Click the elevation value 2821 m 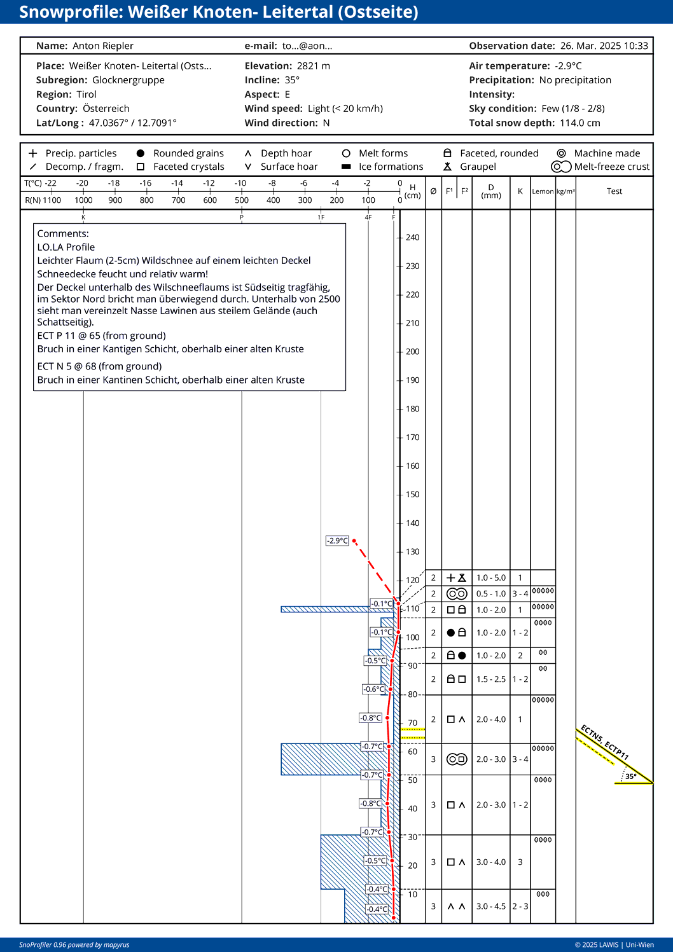314,66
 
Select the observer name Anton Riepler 103,46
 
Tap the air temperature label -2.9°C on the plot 337,541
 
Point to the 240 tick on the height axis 412,238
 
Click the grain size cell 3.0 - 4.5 491,906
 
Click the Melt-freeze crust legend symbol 561,167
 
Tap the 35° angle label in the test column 631,776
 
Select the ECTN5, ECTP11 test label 604,743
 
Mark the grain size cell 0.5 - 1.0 491,594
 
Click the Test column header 614,191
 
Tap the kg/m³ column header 565,191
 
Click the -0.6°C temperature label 373,689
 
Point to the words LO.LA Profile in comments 66,247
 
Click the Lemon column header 543,191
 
